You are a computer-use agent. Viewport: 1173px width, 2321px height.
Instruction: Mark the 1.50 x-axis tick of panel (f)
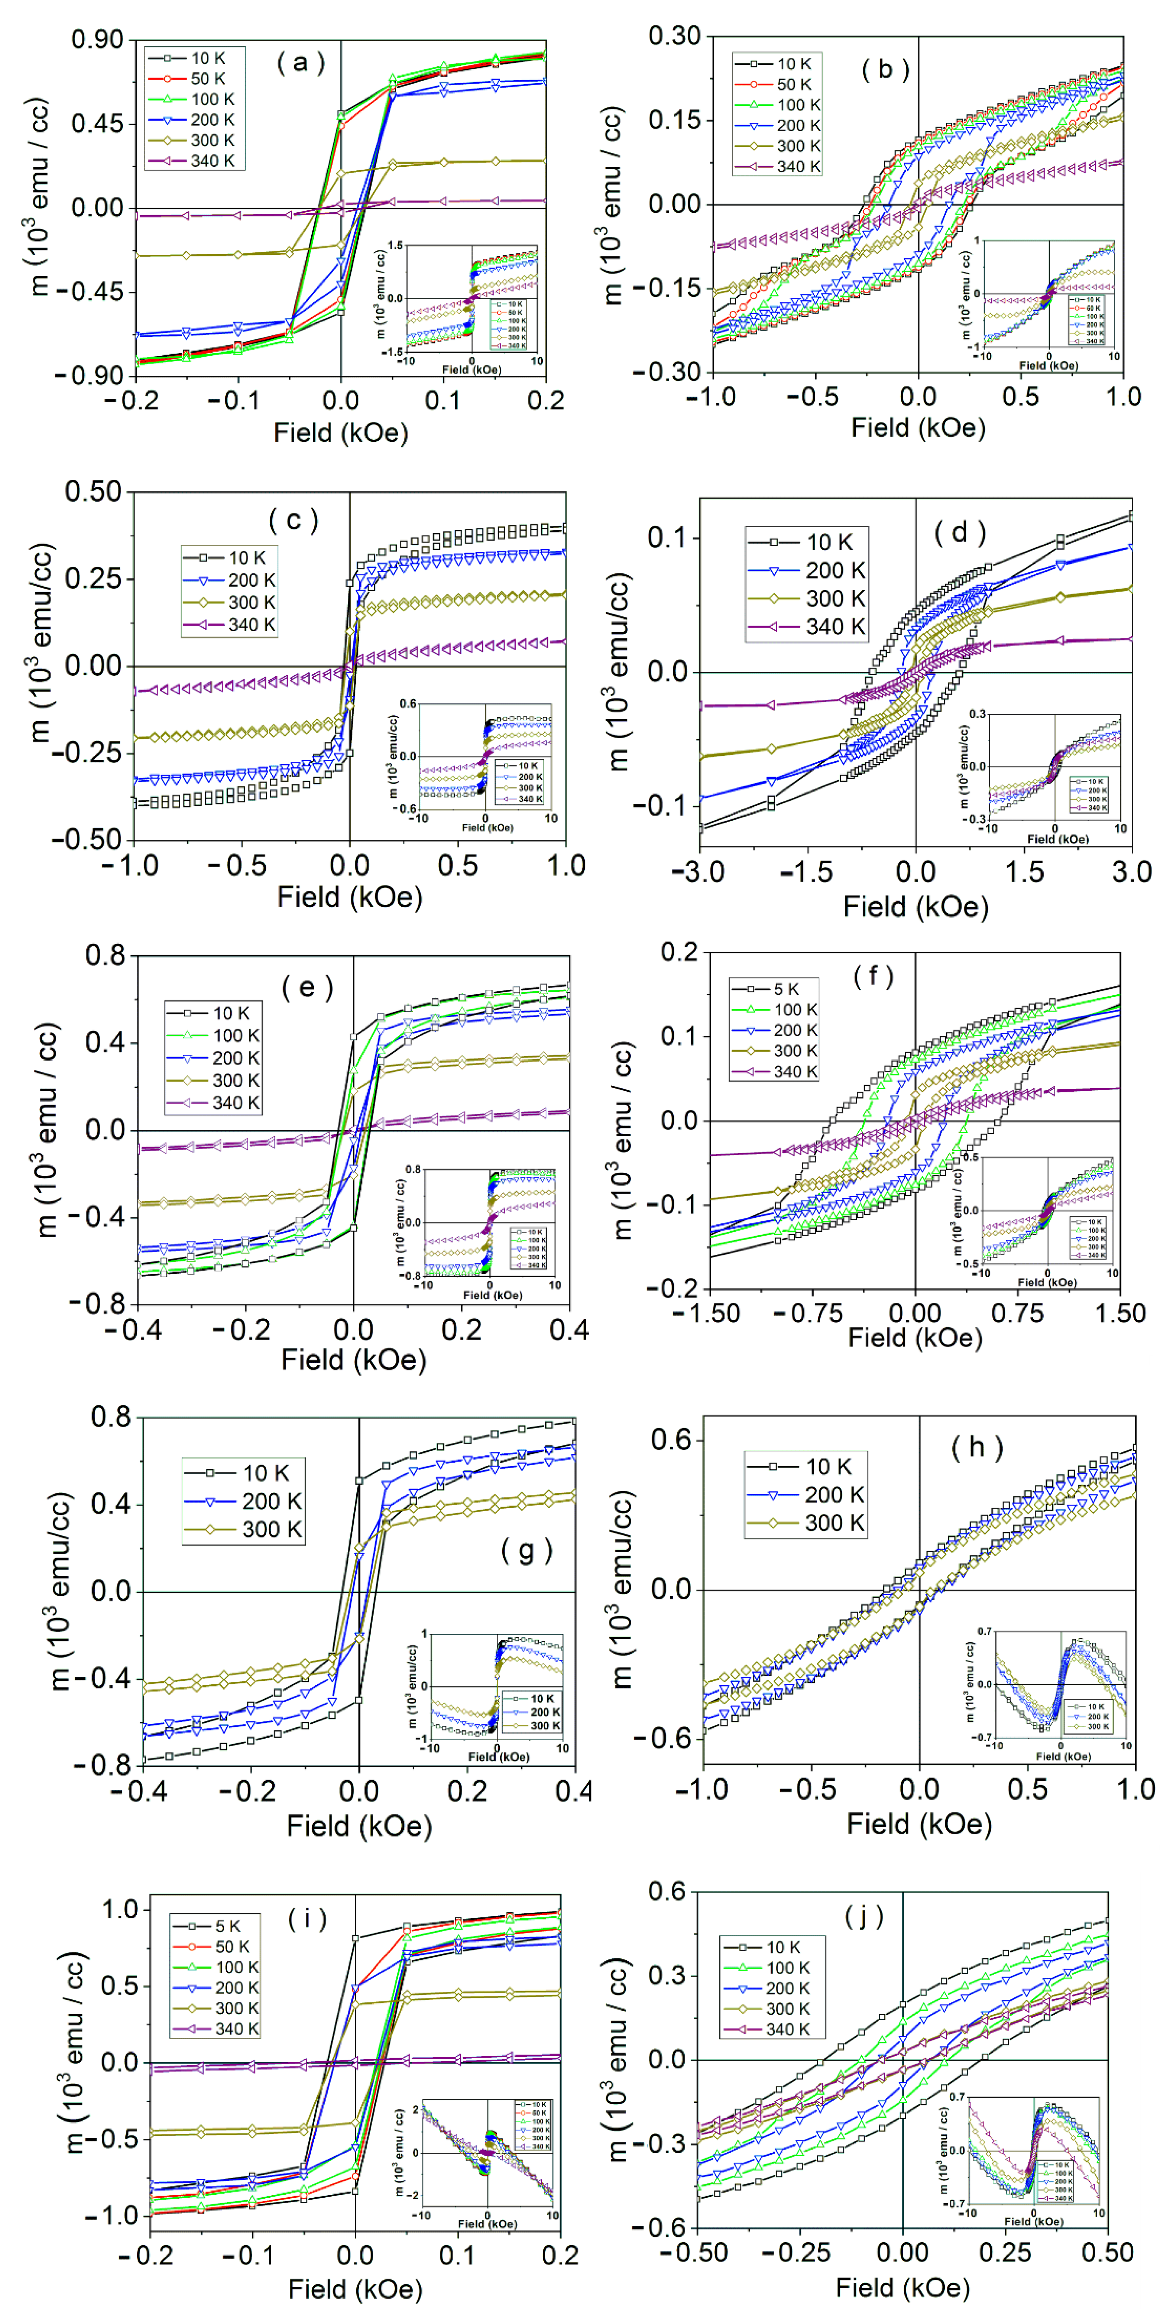[1120, 1313]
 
